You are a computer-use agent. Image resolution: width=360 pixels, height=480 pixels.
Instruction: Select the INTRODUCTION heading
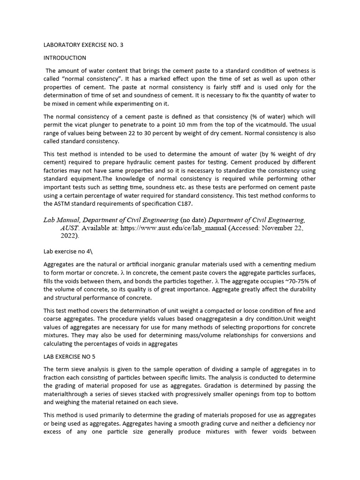(x=65, y=58)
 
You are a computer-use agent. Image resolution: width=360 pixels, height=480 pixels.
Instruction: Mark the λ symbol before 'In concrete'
(x=122, y=273)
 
